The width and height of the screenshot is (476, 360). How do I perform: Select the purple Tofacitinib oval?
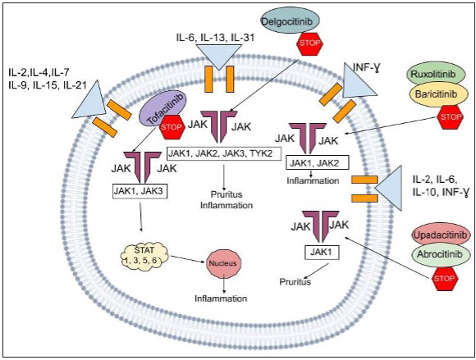[x=162, y=107]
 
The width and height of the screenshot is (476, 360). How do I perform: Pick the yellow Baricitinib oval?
[x=436, y=94]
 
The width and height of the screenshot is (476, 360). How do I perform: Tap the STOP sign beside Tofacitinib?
[x=172, y=127]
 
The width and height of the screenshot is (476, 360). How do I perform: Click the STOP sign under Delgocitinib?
[x=309, y=43]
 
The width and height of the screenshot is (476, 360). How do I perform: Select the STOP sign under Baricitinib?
[x=451, y=117]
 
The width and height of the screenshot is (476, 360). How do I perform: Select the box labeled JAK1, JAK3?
[x=140, y=191]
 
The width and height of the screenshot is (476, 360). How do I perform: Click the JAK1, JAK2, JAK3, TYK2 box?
[x=224, y=154]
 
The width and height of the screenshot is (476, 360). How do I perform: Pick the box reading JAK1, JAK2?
[x=316, y=164]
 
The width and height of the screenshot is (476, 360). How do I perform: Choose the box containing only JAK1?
[x=322, y=253]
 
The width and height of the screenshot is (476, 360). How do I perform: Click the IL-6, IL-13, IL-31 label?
[x=215, y=37]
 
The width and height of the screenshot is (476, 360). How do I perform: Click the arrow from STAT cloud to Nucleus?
[x=188, y=259]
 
